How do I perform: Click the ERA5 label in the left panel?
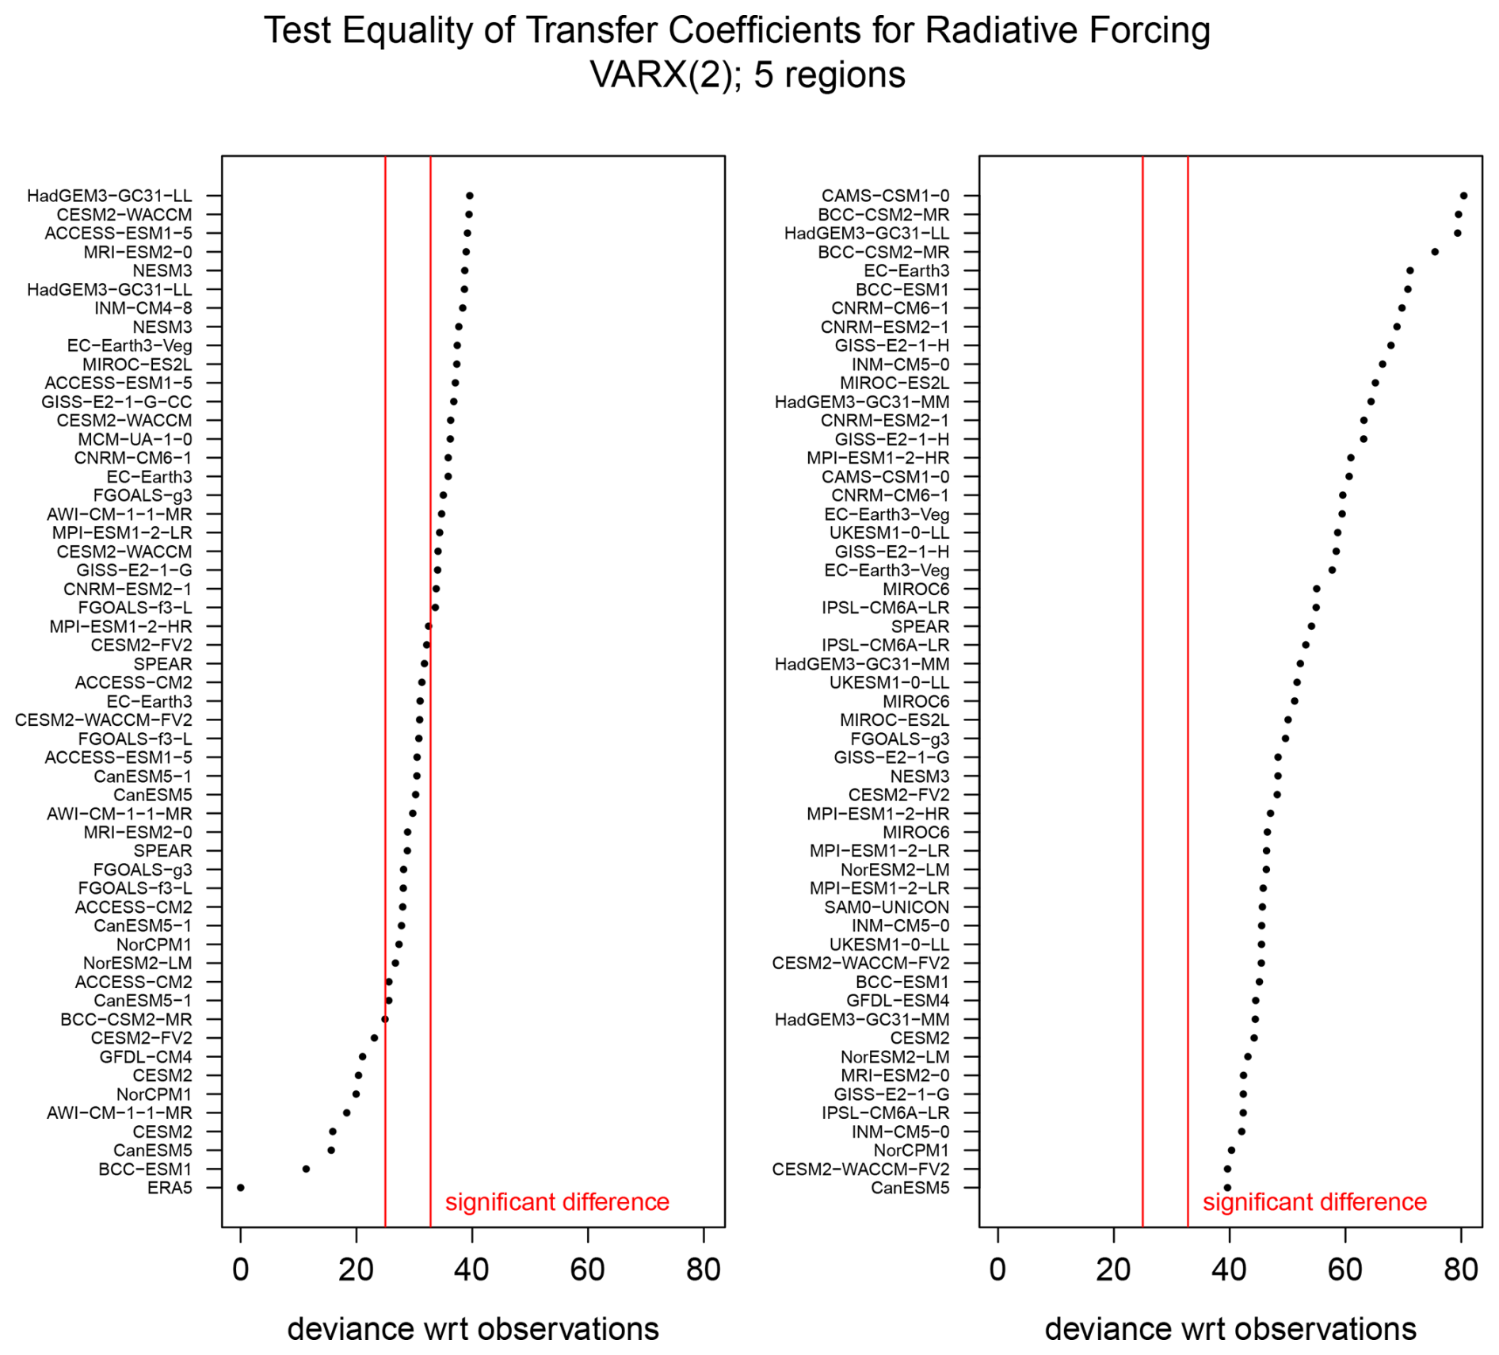[x=170, y=1187]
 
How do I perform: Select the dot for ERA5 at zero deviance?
[x=241, y=1187]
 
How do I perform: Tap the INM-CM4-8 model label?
[x=143, y=308]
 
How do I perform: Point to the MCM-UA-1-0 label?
[x=135, y=439]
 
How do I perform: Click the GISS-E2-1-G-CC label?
[x=116, y=402]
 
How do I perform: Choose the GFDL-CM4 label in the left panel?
[x=146, y=1056]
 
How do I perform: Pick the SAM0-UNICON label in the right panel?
[x=887, y=907]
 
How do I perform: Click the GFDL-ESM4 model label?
[x=898, y=1000]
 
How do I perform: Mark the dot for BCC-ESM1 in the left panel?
[x=306, y=1169]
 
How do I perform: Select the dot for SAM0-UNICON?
[x=1262, y=907]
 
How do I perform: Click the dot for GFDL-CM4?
[x=362, y=1056]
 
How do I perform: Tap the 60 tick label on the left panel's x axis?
[x=588, y=1269]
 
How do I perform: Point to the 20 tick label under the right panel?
[x=1113, y=1269]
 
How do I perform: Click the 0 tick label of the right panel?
[x=997, y=1269]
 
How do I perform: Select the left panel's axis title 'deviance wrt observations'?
[x=473, y=1329]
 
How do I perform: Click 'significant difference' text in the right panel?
[x=1314, y=1202]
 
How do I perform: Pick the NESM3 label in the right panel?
[x=920, y=776]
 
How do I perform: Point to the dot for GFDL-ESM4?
[x=1255, y=1000]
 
